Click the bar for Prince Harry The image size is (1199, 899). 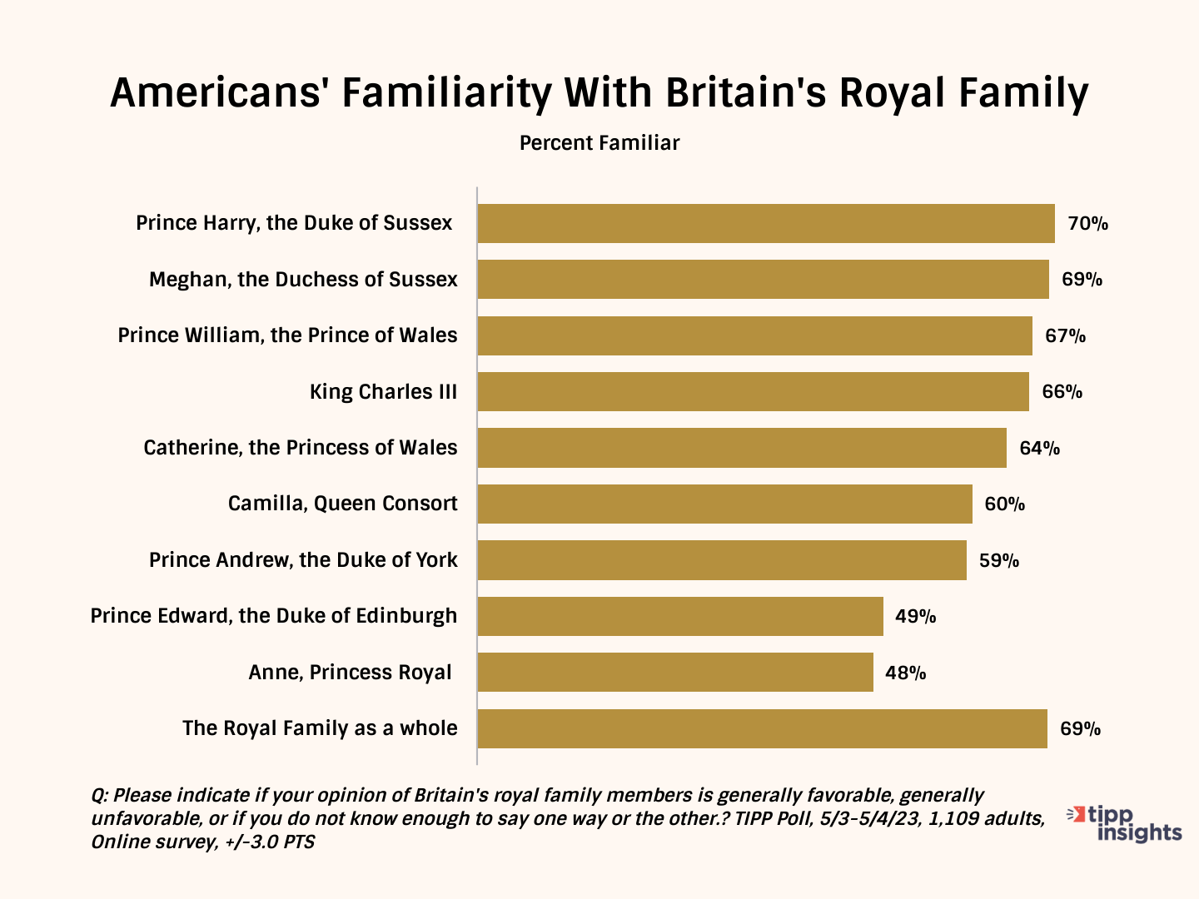(766, 223)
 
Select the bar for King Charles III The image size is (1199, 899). (754, 391)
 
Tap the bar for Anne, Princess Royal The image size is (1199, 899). (675, 672)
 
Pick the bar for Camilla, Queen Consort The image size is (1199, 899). (724, 504)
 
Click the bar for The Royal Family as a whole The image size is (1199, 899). (762, 728)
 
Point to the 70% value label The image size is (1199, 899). (1088, 223)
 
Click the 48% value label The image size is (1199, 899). (906, 673)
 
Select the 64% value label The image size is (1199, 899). (1040, 448)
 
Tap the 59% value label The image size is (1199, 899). (999, 560)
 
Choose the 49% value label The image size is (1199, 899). (916, 617)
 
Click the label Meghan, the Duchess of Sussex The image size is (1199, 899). (303, 280)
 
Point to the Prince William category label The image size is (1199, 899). (287, 335)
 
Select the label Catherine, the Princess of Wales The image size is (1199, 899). (300, 448)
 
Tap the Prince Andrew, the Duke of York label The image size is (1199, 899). (303, 560)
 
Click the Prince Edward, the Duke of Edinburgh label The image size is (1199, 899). (274, 616)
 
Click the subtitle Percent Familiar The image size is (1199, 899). (599, 143)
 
